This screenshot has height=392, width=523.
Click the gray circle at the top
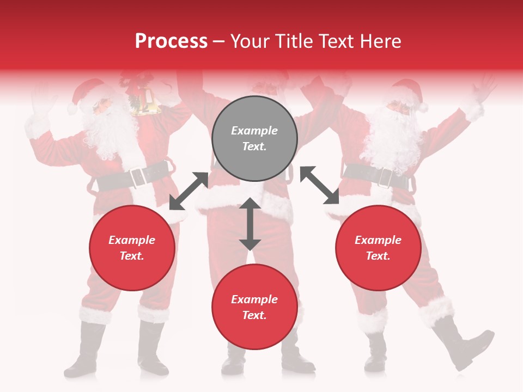254,139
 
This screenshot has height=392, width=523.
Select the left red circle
132,248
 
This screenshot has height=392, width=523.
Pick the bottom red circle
254,307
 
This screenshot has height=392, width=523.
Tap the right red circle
378,248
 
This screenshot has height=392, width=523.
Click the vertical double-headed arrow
250,224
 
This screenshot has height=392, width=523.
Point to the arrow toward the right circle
320,185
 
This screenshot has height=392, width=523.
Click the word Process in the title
171,41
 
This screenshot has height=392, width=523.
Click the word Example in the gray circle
254,131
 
